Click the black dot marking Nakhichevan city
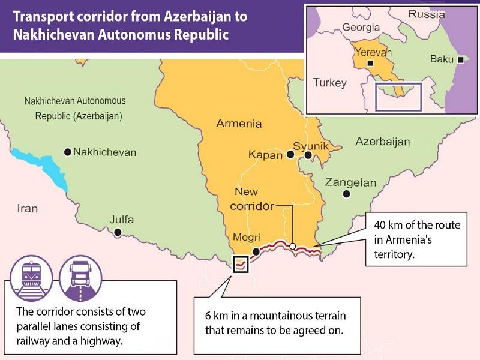click(68, 152)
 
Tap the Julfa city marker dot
click(118, 232)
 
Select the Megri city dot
click(256, 251)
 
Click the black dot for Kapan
click(290, 154)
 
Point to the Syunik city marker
click(308, 155)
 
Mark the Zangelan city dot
click(346, 194)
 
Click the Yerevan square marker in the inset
click(371, 62)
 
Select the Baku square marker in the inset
click(460, 59)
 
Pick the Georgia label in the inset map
click(361, 27)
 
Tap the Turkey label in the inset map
click(330, 83)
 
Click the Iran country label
click(27, 208)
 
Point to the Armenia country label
click(239, 124)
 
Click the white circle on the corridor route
click(292, 245)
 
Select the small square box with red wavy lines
click(241, 263)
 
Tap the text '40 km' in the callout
click(388, 225)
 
